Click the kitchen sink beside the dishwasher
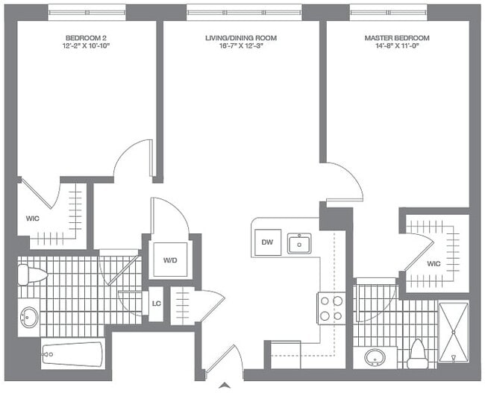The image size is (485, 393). point(299,243)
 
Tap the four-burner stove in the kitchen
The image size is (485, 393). point(331,308)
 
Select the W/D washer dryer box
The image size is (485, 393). point(169,260)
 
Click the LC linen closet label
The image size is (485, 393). point(157,303)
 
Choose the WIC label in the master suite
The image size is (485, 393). point(434,264)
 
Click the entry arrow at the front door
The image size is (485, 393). point(222,386)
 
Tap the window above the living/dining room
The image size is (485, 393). point(243,11)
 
